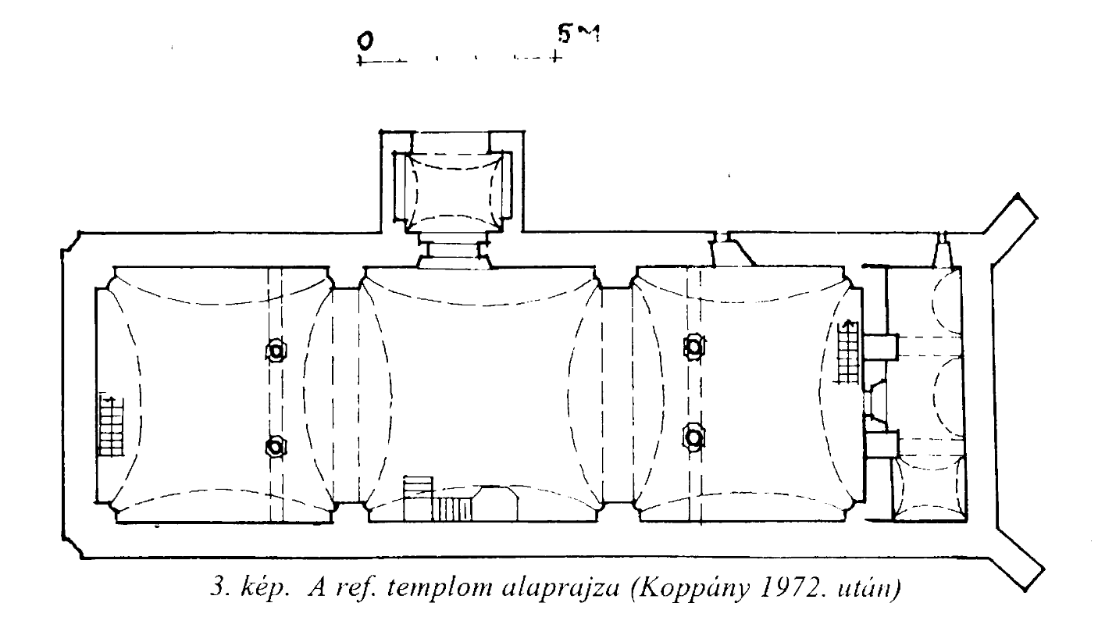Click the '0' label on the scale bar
pos(365,41)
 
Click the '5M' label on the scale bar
pos(579,34)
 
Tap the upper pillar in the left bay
pos(276,351)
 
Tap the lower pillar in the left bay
pos(276,447)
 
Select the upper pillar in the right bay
pos(694,347)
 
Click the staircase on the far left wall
pos(111,426)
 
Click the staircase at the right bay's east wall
pos(849,351)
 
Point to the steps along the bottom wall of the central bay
pos(438,498)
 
